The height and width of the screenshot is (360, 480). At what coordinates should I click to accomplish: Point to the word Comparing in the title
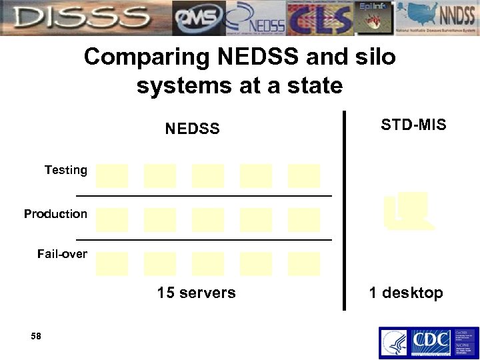click(x=147, y=57)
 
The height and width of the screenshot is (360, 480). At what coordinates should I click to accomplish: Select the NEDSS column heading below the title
click(x=192, y=129)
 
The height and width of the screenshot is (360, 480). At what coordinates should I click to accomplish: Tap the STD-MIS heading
click(x=413, y=125)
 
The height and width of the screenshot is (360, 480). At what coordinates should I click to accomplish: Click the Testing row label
click(x=66, y=170)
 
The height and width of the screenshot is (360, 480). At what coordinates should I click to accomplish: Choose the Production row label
click(x=55, y=214)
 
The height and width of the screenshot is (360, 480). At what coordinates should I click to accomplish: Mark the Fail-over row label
click(x=62, y=254)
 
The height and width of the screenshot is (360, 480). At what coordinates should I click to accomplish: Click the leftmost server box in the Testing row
click(x=112, y=176)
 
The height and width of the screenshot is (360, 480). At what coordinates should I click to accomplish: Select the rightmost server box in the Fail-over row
click(x=304, y=264)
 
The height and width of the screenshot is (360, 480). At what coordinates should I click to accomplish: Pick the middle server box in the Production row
click(x=208, y=219)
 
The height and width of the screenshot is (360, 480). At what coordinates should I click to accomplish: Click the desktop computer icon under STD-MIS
click(x=409, y=211)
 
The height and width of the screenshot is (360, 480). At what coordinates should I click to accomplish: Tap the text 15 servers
click(x=196, y=293)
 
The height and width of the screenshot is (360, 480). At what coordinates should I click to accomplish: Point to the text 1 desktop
click(x=405, y=293)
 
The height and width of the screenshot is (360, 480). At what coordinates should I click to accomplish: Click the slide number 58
click(x=36, y=337)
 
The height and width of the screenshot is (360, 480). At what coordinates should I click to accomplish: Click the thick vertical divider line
click(x=344, y=210)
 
